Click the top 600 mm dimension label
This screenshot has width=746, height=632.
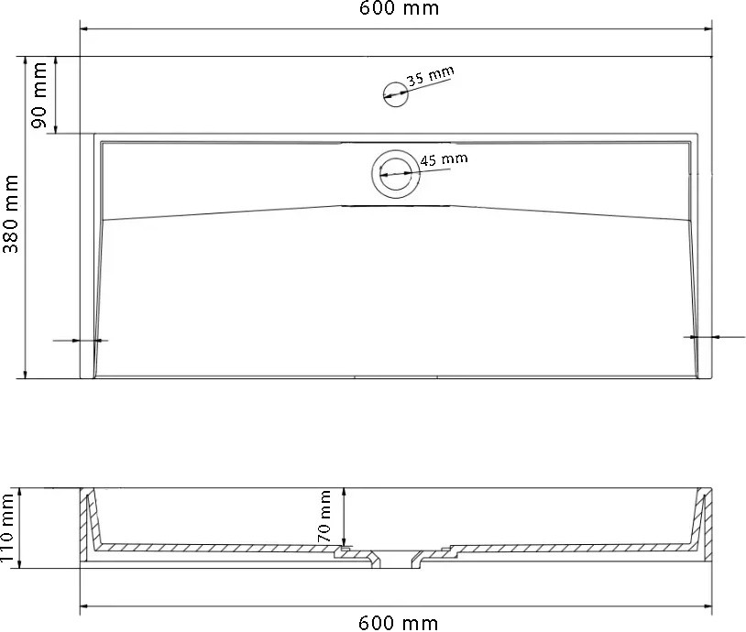(x=399, y=8)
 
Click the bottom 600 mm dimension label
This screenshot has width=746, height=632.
(x=398, y=623)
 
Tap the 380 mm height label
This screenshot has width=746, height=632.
(x=10, y=213)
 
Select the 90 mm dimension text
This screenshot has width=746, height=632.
(x=39, y=95)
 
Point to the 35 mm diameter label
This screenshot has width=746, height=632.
(x=431, y=76)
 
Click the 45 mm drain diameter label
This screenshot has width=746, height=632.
(x=444, y=159)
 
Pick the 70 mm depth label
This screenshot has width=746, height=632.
(x=324, y=517)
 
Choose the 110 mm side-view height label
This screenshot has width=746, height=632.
(x=7, y=528)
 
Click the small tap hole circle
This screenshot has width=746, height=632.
(x=395, y=93)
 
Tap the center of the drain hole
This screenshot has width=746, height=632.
(x=396, y=173)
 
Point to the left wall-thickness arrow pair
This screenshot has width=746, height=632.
(x=81, y=341)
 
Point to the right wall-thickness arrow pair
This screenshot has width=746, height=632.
(x=714, y=337)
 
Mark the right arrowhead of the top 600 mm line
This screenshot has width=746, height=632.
(x=708, y=29)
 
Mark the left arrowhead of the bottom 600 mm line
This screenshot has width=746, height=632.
(x=84, y=606)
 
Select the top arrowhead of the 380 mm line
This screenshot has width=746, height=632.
(x=24, y=61)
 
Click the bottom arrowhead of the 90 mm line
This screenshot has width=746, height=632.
(x=56, y=128)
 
